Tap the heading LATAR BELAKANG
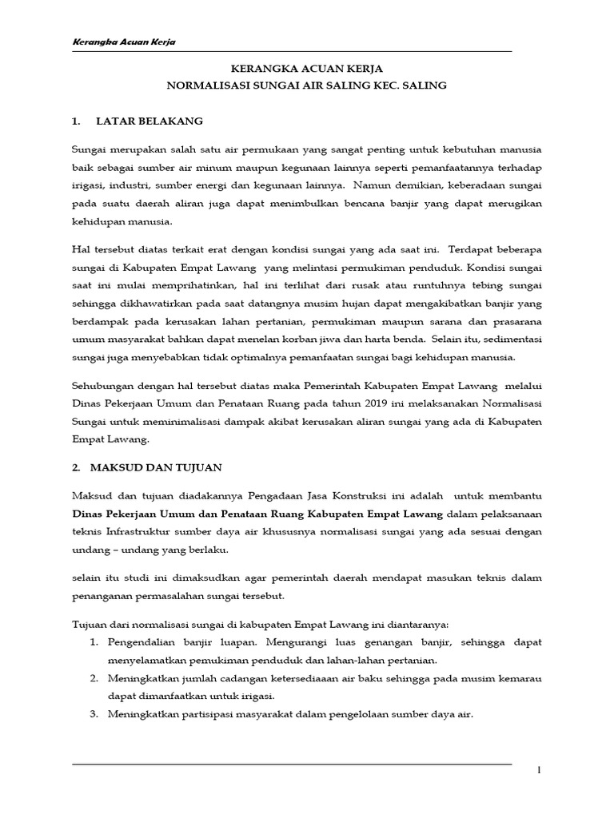(x=150, y=121)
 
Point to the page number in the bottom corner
(x=538, y=770)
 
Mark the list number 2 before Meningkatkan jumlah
(x=94, y=679)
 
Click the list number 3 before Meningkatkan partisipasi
(x=94, y=715)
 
